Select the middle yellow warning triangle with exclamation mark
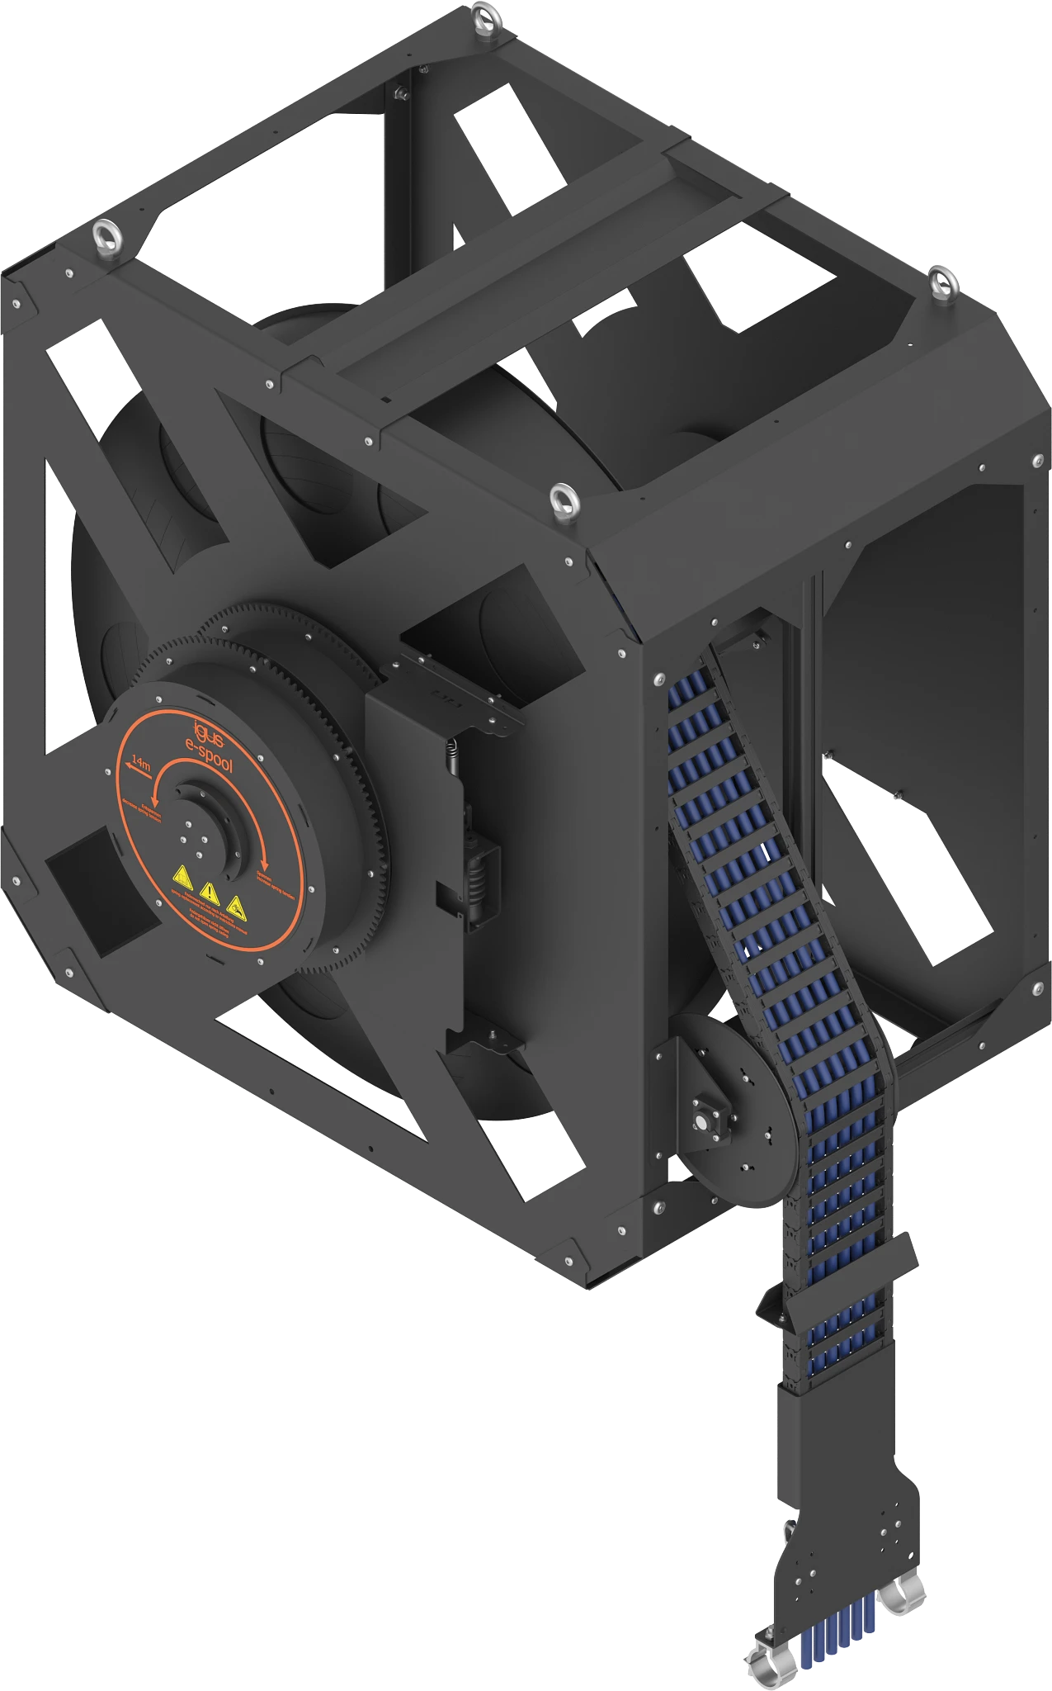click(209, 892)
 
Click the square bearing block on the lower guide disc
click(704, 1125)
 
